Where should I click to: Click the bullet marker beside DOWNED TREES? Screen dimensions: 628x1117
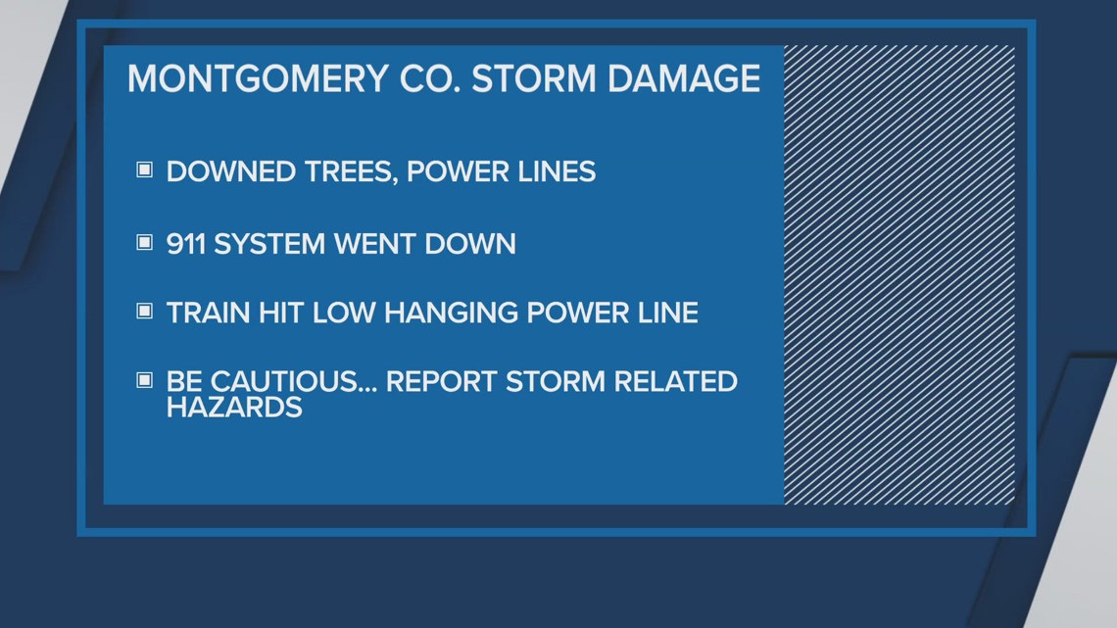[144, 170]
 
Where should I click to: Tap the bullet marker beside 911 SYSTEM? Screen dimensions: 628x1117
[144, 241]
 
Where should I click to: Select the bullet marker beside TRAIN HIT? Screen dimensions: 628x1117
[144, 311]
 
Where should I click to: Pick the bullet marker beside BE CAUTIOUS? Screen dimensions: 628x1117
[144, 379]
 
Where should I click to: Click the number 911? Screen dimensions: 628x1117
[186, 242]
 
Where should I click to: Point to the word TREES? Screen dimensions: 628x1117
[345, 171]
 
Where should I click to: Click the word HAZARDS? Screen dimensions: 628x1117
[234, 407]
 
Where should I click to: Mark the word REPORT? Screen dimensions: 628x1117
[440, 381]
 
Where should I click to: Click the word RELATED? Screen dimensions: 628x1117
[674, 381]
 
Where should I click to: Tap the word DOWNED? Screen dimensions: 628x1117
[227, 171]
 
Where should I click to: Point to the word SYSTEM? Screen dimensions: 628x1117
[270, 242]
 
